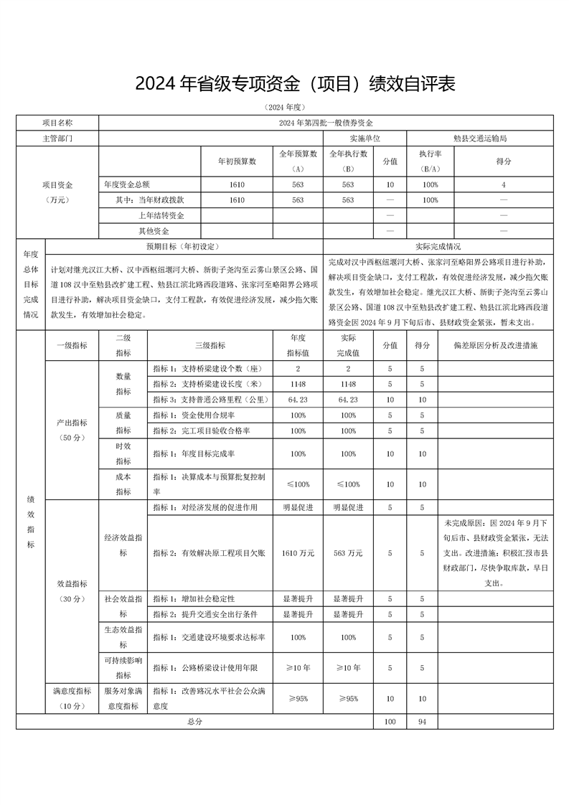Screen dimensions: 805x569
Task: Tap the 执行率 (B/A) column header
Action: [430, 161]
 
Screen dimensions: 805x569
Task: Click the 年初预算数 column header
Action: [238, 161]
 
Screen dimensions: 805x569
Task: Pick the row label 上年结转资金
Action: [161, 215]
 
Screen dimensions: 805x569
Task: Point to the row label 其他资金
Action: [154, 231]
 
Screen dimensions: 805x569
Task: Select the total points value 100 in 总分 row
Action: [390, 722]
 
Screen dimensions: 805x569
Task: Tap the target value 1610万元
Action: [298, 553]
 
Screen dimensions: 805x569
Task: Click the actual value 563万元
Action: [349, 553]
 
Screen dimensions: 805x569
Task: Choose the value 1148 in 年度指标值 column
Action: [298, 384]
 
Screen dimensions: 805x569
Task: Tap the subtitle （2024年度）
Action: [284, 107]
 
